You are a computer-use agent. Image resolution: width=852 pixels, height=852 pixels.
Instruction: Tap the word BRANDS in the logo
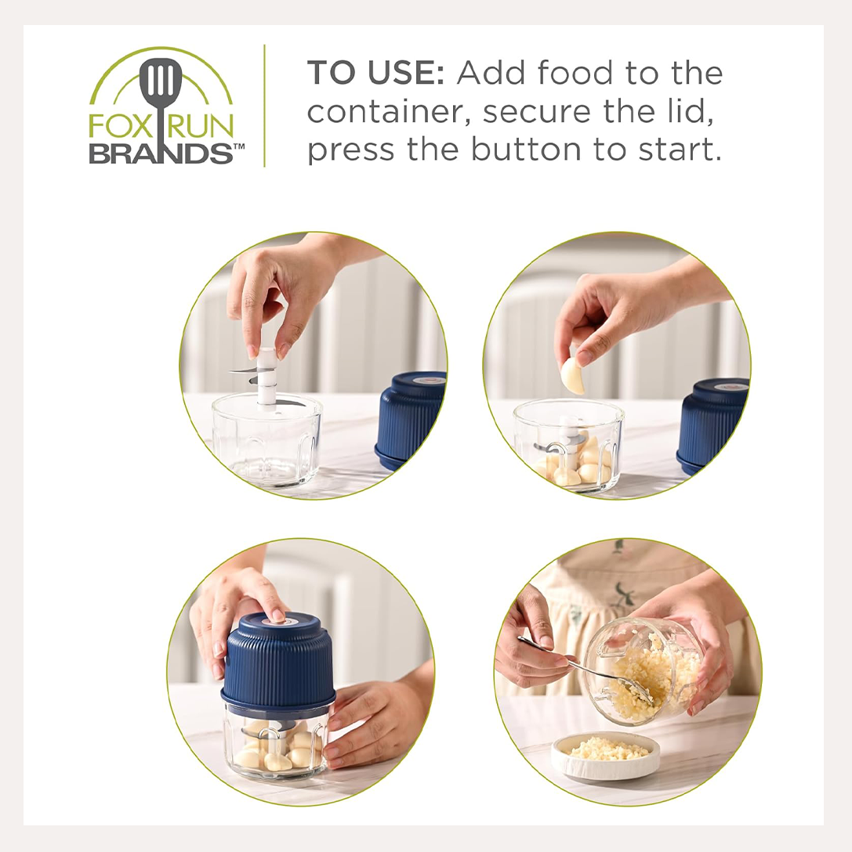[x=161, y=153]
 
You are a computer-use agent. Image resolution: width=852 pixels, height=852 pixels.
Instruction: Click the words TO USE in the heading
[x=375, y=73]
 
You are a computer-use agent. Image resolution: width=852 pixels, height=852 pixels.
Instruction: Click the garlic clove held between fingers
[x=573, y=375]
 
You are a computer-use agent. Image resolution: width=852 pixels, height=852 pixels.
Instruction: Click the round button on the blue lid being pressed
[x=277, y=619]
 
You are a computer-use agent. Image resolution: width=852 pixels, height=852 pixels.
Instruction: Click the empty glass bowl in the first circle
[x=267, y=440]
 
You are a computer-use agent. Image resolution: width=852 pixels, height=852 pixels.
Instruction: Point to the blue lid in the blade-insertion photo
[x=411, y=420]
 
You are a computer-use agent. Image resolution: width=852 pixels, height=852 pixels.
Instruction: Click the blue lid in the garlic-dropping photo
[x=712, y=425]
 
